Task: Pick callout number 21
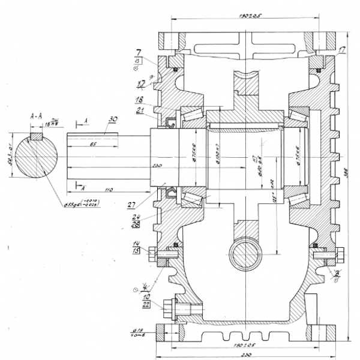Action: (139, 110)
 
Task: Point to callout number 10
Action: (146, 296)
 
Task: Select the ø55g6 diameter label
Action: (78, 204)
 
